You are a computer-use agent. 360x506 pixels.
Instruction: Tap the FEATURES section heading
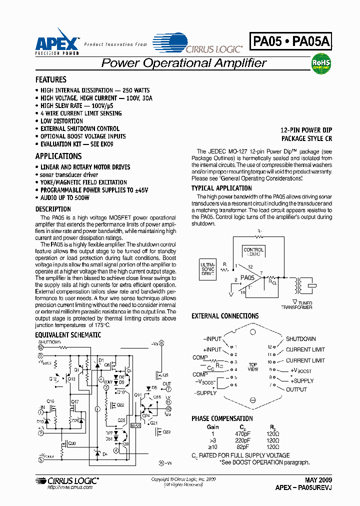pyautogui.click(x=50, y=80)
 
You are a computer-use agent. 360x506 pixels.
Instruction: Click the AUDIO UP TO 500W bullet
pyautogui.click(x=64, y=198)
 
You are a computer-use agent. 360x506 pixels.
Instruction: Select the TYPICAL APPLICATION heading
pyautogui.click(x=221, y=188)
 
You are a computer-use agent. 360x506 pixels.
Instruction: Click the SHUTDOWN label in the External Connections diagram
pyautogui.click(x=300, y=339)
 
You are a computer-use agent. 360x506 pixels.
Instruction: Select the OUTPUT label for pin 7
pyautogui.click(x=296, y=389)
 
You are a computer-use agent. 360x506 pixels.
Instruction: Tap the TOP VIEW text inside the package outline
pyautogui.click(x=253, y=366)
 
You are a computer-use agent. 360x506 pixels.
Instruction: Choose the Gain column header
pyautogui.click(x=212, y=427)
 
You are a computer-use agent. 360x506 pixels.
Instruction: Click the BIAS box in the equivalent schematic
pyautogui.click(x=135, y=425)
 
